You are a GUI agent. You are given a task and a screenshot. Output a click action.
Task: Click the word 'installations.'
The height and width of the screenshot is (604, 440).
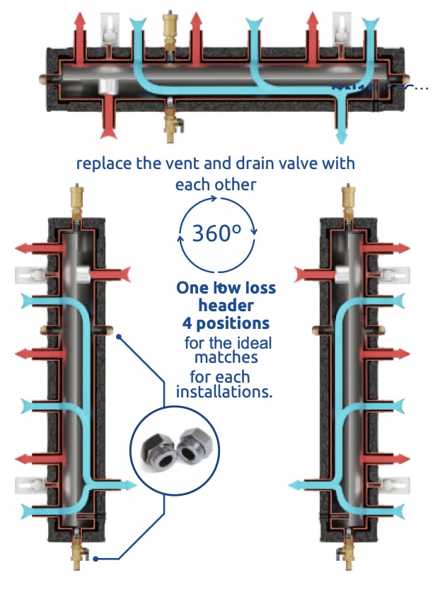[x=224, y=392]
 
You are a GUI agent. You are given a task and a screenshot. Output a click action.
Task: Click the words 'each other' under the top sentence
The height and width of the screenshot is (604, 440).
[x=215, y=185]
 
